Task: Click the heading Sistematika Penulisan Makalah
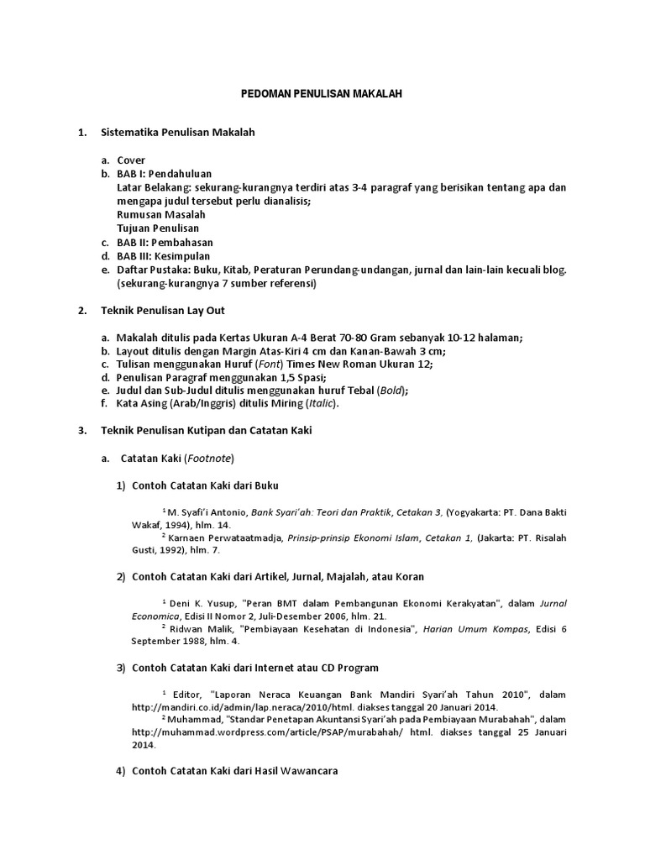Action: click(x=177, y=133)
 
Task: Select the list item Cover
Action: click(x=131, y=160)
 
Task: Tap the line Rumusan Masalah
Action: click(x=161, y=215)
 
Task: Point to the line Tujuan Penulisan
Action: click(x=159, y=228)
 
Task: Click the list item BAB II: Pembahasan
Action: click(x=165, y=242)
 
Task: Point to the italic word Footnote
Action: click(x=209, y=459)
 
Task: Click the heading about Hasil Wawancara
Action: click(x=234, y=772)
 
